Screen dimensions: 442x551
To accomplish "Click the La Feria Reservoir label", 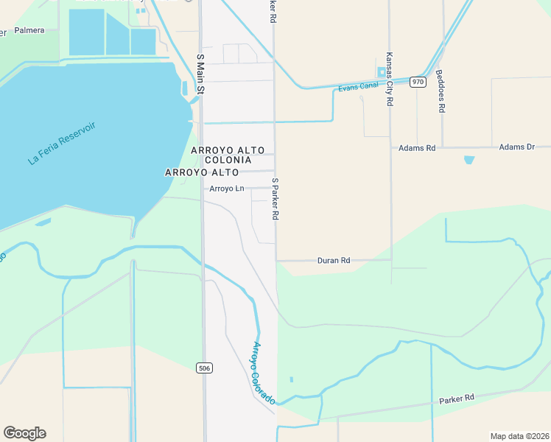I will click(x=62, y=143).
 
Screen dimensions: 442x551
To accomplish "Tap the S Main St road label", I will click(x=200, y=74).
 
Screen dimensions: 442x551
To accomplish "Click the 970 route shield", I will click(x=418, y=82).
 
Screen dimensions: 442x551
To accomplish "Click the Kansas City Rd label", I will click(x=388, y=80).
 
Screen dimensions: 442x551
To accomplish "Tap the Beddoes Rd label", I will click(x=441, y=91).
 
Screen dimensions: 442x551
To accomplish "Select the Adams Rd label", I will click(x=417, y=148).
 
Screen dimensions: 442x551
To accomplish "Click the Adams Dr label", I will click(x=516, y=147).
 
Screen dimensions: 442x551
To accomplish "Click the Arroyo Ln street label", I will click(x=226, y=189).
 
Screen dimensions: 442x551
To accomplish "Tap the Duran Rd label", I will click(x=333, y=260).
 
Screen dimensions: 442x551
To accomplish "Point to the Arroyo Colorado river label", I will click(x=264, y=372).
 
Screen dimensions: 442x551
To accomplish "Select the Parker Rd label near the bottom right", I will click(x=457, y=399).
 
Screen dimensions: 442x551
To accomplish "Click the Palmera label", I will click(x=29, y=30).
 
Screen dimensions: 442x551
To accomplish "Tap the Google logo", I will click(x=24, y=433).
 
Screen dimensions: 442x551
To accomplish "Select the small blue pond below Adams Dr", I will click(x=469, y=159).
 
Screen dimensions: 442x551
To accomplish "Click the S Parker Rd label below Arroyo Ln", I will click(x=275, y=199).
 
